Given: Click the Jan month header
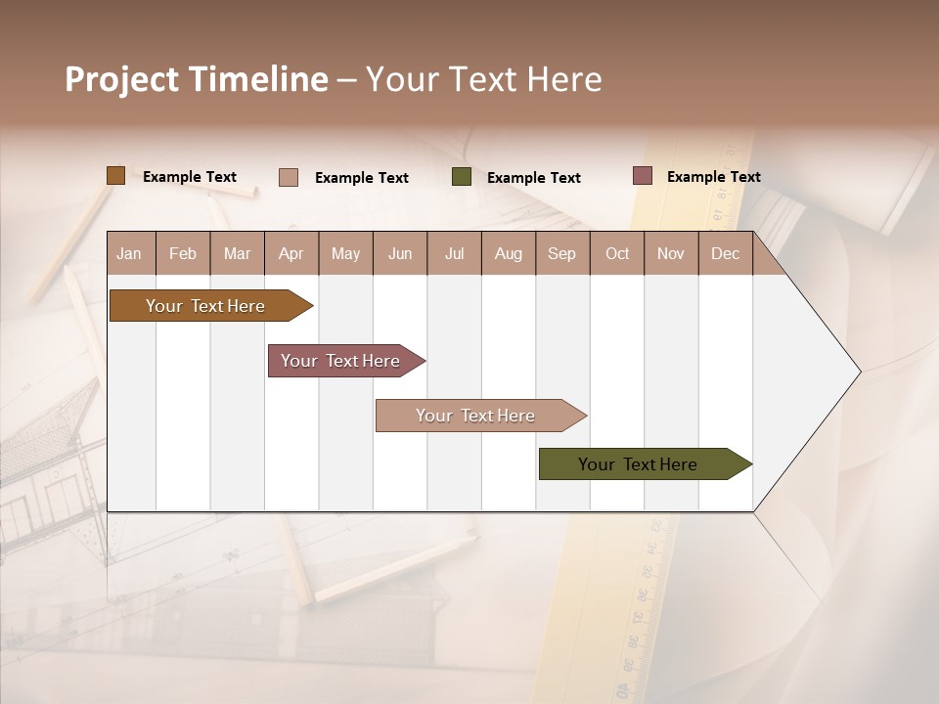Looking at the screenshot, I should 130,253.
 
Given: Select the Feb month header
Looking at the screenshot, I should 183,253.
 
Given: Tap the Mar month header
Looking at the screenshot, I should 237,253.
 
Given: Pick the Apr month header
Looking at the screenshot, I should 291,253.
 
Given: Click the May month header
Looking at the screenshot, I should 345,253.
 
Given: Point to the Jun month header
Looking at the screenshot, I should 400,253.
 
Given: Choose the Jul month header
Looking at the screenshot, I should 454,253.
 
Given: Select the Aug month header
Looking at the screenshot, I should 509,253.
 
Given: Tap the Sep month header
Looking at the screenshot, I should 562,253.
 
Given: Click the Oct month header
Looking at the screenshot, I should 617,253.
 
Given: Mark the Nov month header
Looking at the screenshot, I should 671,253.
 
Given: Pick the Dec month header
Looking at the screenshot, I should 726,253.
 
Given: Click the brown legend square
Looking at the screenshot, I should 115,176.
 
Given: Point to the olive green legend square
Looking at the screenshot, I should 462,177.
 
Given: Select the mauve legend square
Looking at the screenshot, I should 643,176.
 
